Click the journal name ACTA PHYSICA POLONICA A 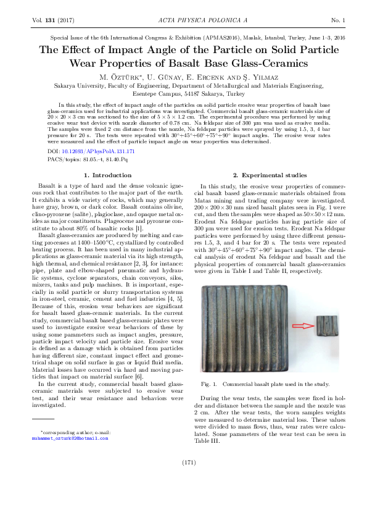183,21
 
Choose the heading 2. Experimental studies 266,175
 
